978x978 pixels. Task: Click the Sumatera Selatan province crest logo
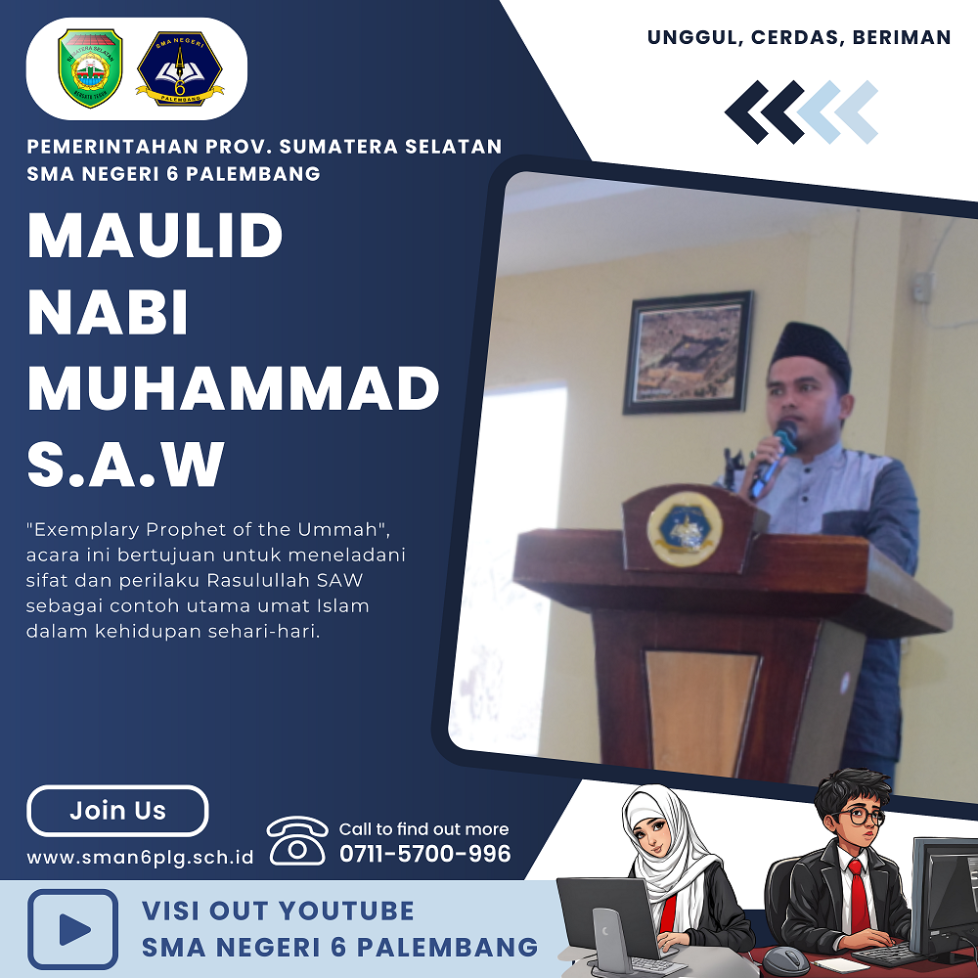[90, 68]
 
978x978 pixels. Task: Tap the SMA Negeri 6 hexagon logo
[180, 68]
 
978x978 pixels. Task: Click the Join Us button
[117, 810]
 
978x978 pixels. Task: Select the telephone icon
[297, 840]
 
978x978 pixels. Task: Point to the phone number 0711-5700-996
[424, 853]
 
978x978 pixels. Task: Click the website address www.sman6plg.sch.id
[140, 858]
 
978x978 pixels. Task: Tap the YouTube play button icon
[73, 929]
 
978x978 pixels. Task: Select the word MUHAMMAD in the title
[234, 388]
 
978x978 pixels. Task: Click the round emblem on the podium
[685, 529]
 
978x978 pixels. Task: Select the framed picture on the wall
[688, 352]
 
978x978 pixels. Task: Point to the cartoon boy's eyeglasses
[862, 816]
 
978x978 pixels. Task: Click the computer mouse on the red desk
[786, 961]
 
